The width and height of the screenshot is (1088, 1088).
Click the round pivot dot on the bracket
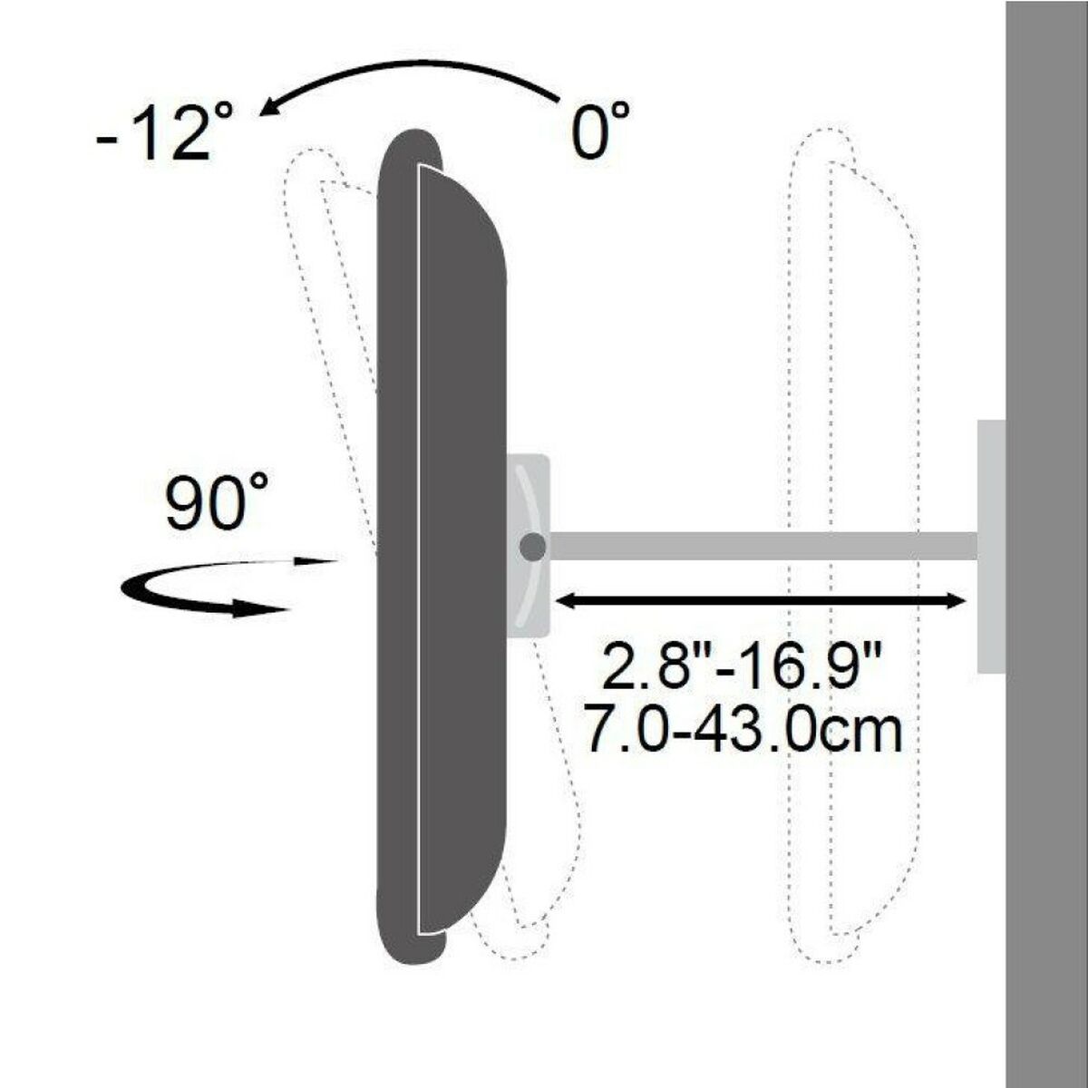click(532, 547)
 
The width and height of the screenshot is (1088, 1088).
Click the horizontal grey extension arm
click(762, 546)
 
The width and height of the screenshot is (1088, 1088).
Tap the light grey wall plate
click(990, 547)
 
